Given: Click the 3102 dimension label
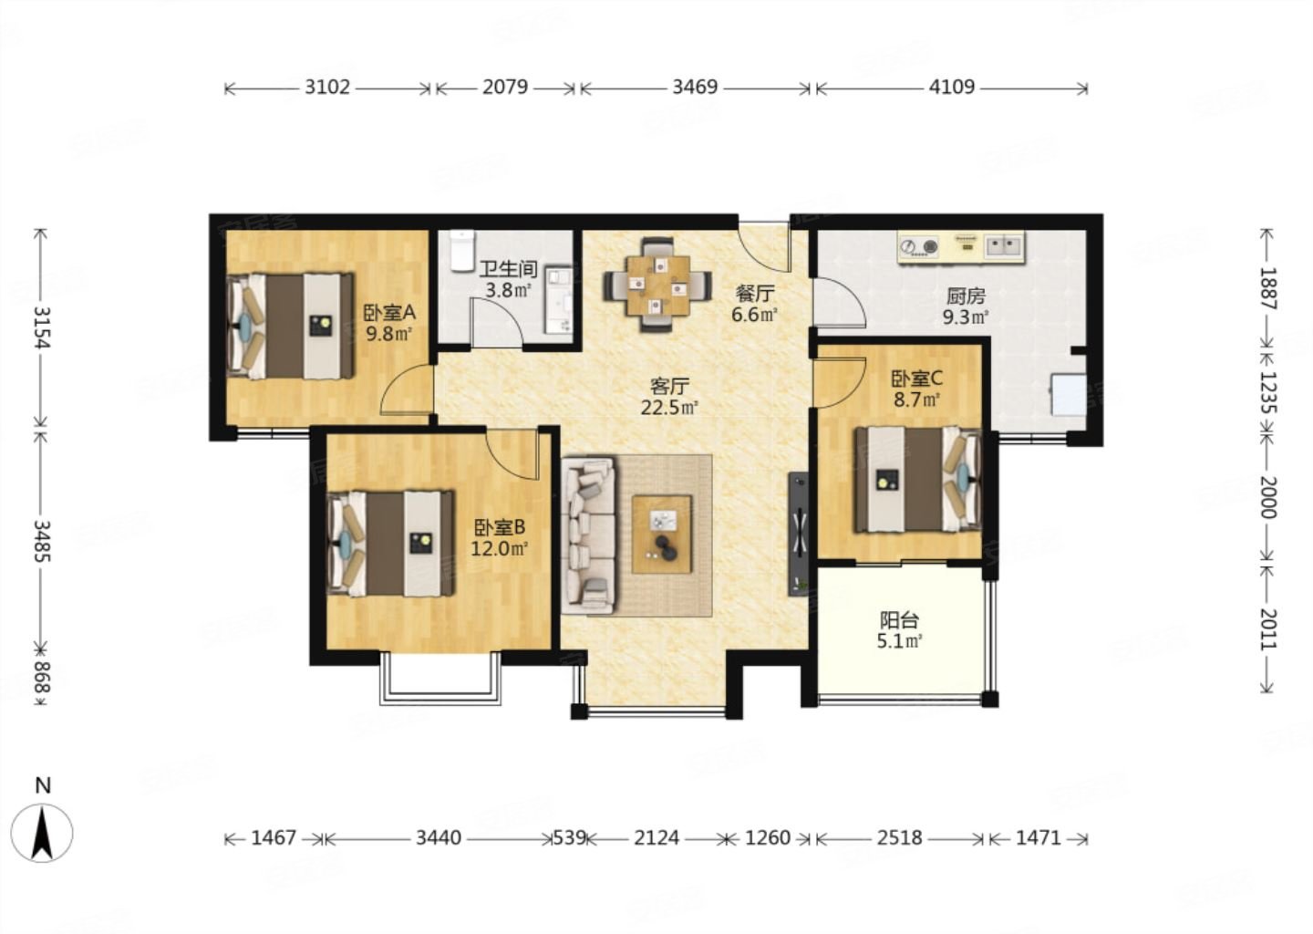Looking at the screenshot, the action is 327,88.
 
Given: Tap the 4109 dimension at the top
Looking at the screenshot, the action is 951,88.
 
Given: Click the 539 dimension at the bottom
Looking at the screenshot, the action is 570,838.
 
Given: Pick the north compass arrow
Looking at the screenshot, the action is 42,833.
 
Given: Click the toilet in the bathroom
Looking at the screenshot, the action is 462,251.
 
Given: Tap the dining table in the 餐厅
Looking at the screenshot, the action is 657,285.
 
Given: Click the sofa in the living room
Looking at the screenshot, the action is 589,535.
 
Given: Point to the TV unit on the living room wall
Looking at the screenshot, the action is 799,534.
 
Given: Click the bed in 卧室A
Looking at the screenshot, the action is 291,326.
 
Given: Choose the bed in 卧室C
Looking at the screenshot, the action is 918,479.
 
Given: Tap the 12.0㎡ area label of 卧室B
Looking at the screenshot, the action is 500,549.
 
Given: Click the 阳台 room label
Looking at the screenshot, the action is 899,619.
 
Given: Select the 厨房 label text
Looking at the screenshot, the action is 966,296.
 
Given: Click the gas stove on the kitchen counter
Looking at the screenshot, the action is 918,246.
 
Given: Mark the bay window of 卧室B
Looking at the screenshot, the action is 440,679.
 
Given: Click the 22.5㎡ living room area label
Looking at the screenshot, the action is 669,407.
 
